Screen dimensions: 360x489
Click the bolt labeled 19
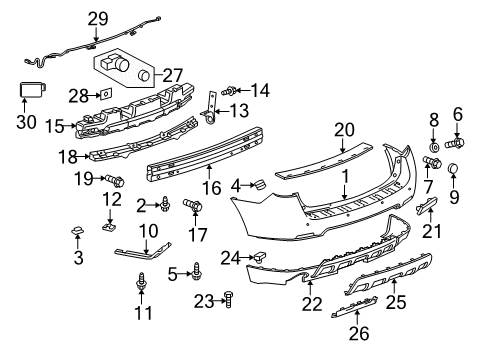(x=116, y=181)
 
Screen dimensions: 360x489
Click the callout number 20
(x=344, y=129)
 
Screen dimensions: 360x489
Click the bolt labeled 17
(x=196, y=208)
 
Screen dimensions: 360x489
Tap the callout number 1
(x=344, y=177)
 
